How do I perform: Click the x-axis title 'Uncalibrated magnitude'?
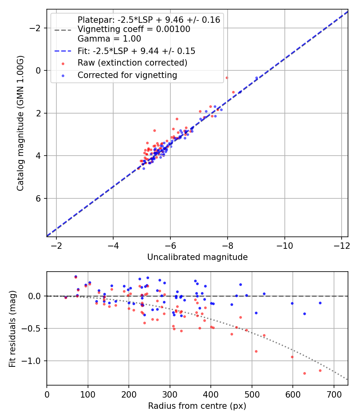197,257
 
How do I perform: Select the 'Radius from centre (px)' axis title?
197,406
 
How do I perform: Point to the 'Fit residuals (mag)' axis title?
12,328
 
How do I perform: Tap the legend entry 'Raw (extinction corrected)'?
132,63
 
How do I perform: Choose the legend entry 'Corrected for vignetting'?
127,75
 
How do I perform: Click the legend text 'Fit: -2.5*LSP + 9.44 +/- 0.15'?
136,51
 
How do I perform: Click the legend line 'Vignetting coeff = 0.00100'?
134,29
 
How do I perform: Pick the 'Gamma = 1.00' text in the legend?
109,39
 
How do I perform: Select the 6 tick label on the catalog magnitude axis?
39,198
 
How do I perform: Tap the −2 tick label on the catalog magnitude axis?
36,28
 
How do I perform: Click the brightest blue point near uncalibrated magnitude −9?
256,78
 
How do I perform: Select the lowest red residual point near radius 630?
304,373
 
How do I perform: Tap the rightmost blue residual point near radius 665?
320,303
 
